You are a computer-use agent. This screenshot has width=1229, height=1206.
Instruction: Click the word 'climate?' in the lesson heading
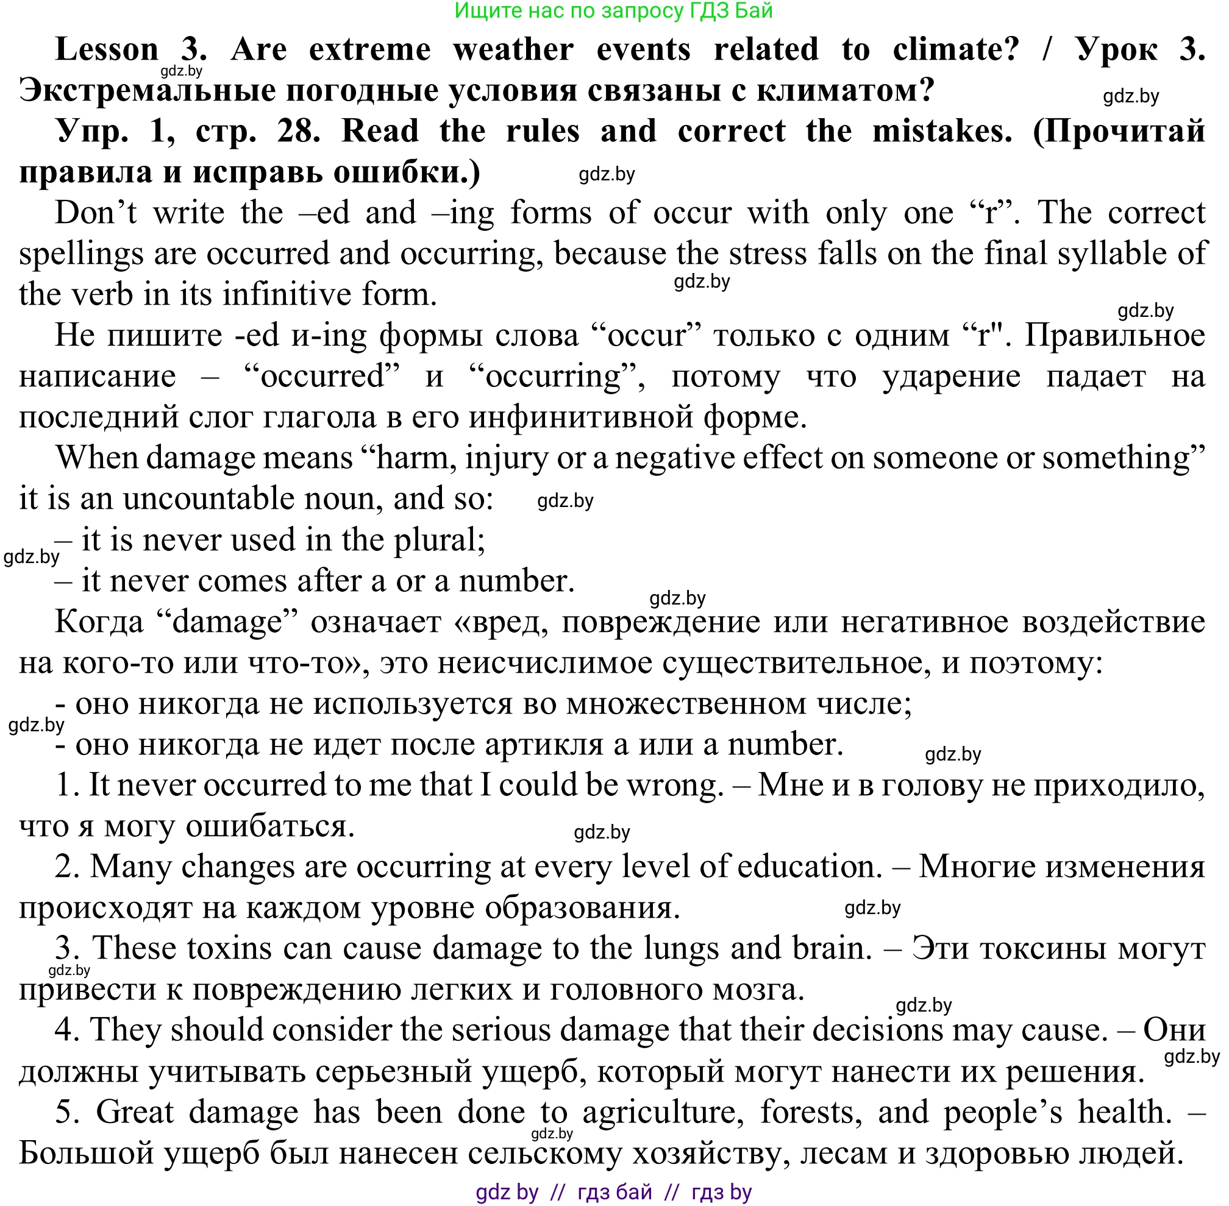click(x=955, y=49)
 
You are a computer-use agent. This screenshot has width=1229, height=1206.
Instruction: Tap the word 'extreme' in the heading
click(x=369, y=49)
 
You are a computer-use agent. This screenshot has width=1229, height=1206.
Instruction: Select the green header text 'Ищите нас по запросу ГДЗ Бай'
click(x=613, y=11)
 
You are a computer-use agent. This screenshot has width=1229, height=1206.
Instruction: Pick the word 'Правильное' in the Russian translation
click(x=1114, y=335)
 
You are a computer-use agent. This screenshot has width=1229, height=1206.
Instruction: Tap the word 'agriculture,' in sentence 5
click(x=663, y=1112)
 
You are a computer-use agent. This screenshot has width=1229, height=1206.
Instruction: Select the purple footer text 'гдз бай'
click(x=614, y=1192)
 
